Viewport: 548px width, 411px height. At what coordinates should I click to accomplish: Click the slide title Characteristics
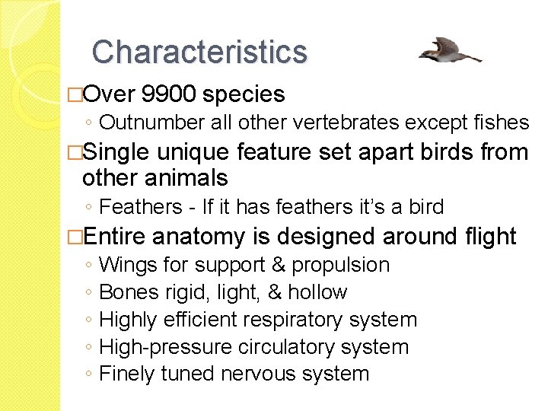tap(199, 52)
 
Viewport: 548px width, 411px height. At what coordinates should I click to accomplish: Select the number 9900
tap(169, 94)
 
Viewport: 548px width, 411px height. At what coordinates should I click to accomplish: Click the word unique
tap(193, 152)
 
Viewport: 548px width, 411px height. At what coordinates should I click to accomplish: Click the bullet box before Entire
tap(75, 237)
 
